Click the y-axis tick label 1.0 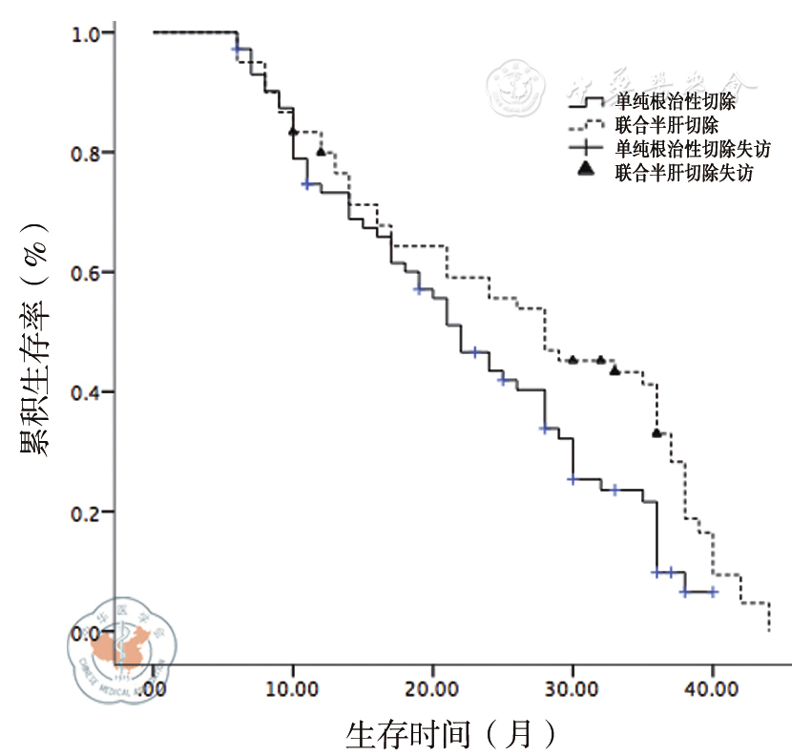[88, 33]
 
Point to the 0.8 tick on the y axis [88, 153]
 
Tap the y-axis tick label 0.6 [88, 273]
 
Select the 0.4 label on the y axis [88, 392]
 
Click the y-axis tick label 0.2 [88, 513]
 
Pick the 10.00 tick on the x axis [293, 689]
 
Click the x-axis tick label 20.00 [432, 689]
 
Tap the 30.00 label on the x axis [573, 689]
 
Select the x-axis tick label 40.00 [712, 689]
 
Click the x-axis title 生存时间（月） [450, 734]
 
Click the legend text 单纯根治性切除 [675, 100]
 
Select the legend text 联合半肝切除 [667, 124]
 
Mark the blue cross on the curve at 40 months [713, 592]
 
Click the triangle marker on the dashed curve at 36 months [656, 433]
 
